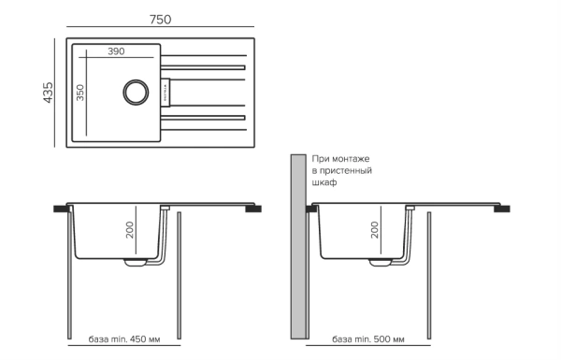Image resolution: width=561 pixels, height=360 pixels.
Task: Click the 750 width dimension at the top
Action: pos(161,20)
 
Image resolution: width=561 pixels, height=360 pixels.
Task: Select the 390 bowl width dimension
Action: pos(115,51)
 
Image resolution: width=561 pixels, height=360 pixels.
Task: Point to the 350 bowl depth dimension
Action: pos(80,94)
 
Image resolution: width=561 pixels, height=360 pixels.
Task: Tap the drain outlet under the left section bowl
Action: pos(135,263)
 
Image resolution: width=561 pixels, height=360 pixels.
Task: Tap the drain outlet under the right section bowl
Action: pos(380,263)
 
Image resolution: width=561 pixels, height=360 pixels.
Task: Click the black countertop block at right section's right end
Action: pos(502,209)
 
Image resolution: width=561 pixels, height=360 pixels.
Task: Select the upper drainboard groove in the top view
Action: pos(203,68)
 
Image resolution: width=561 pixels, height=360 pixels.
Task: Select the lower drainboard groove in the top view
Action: pos(203,117)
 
